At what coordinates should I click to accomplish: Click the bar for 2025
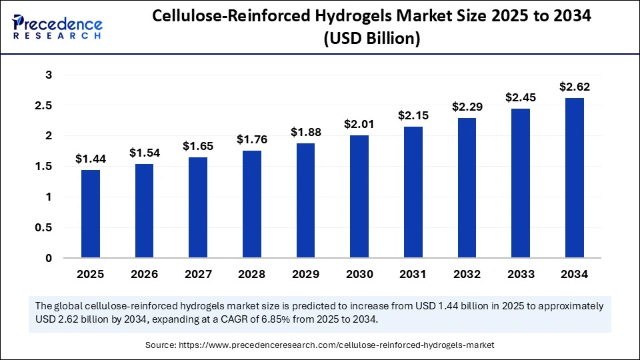tap(90, 213)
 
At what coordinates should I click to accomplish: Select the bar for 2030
tap(359, 196)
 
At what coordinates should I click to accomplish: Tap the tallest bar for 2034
tap(574, 177)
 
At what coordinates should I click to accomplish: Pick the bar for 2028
tap(251, 204)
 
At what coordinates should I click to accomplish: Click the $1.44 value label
tap(90, 159)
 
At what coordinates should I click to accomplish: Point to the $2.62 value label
tap(574, 87)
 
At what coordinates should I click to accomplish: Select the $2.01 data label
tap(359, 124)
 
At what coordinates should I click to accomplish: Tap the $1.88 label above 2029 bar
tap(305, 132)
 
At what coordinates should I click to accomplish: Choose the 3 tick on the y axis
tap(48, 75)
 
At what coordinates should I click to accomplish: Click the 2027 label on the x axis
tap(197, 274)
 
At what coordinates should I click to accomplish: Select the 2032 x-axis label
tap(467, 274)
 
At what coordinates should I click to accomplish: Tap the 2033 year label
tap(520, 274)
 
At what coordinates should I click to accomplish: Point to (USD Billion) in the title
tap(371, 39)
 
